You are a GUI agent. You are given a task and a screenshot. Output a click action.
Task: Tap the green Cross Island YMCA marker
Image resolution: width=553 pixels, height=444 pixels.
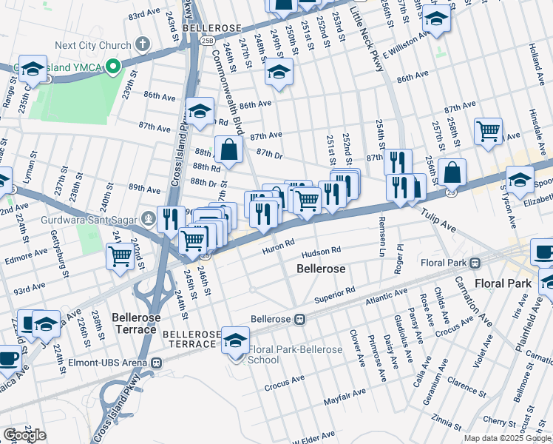click(112, 67)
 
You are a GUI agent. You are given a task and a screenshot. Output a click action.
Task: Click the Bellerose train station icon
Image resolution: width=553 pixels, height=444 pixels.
click(300, 320)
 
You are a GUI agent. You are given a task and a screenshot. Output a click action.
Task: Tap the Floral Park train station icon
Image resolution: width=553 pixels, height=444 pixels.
click(476, 262)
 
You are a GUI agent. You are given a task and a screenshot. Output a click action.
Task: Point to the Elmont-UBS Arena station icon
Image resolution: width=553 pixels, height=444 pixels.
click(156, 363)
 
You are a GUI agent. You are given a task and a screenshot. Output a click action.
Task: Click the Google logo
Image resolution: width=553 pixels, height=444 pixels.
click(25, 434)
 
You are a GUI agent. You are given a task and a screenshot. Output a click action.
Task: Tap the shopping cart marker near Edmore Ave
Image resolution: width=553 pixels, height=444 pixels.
click(121, 256)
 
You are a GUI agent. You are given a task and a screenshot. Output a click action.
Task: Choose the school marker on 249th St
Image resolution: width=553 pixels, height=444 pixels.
click(279, 72)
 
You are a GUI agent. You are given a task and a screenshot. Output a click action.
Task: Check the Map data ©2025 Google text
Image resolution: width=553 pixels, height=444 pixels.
click(506, 438)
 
